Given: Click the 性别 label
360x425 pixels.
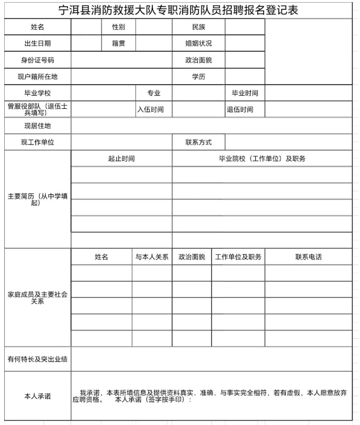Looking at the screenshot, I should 118,27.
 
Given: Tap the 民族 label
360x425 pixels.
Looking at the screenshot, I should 198,27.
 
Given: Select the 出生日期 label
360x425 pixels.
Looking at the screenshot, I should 38,43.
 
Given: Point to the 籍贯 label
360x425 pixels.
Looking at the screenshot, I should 118,43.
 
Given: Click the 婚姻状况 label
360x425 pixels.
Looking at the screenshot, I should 198,43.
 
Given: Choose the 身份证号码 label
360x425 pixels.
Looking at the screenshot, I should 38,60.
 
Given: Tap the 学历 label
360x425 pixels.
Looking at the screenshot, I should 198,77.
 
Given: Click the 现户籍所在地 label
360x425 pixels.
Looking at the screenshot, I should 38,77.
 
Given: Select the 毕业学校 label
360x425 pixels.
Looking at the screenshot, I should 38,93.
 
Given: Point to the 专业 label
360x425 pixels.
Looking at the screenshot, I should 153,93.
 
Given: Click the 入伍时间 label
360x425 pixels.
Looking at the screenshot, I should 151,109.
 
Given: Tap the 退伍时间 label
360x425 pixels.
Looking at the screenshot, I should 240,109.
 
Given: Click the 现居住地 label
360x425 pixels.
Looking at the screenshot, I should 38,126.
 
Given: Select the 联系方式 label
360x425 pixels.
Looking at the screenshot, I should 198,142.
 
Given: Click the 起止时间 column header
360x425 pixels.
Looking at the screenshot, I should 121,158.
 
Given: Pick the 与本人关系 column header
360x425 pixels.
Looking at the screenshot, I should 152,257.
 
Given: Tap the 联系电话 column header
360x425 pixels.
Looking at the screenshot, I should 308,257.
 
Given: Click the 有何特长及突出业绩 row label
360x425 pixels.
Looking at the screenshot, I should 38,359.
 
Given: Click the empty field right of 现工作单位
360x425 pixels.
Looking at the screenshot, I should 121,142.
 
